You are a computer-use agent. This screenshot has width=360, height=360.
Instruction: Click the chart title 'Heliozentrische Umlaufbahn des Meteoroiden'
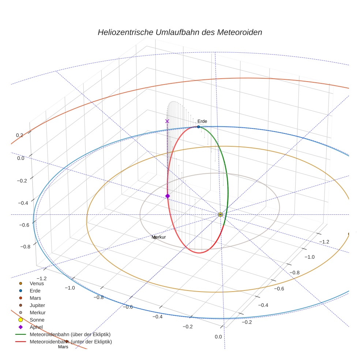(x=180, y=32)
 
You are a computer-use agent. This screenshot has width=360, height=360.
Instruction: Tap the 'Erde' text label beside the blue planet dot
(x=202, y=121)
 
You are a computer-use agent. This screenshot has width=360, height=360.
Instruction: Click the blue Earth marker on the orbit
(x=199, y=127)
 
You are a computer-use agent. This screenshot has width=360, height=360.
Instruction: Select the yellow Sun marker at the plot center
(x=220, y=215)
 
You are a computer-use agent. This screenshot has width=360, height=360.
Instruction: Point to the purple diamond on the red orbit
(x=168, y=196)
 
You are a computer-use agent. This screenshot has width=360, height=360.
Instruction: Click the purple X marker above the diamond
(x=167, y=121)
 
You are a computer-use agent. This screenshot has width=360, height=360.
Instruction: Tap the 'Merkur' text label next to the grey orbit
(x=159, y=237)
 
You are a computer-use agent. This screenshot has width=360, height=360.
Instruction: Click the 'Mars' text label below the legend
(x=63, y=347)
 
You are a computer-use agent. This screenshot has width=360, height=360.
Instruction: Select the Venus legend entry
(x=32, y=283)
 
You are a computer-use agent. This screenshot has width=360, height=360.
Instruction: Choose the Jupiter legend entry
(x=32, y=305)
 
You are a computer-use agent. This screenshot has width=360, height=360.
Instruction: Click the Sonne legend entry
(x=31, y=320)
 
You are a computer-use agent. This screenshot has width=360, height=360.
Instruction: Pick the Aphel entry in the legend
(x=31, y=327)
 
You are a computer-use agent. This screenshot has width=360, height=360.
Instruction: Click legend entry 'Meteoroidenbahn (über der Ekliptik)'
(x=63, y=334)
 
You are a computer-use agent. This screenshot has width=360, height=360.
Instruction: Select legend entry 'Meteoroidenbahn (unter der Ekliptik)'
(x=64, y=342)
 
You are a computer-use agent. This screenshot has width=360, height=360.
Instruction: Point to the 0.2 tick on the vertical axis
(x=19, y=135)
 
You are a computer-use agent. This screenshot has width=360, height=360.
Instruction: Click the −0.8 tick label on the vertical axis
(x=25, y=247)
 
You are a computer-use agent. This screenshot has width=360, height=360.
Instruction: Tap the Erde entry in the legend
(x=30, y=290)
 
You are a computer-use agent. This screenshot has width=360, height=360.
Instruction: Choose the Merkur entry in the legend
(x=32, y=312)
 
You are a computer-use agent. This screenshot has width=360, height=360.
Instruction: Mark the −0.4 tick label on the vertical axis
(x=23, y=203)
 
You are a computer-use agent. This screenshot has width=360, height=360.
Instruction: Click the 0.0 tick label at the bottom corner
(x=218, y=337)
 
